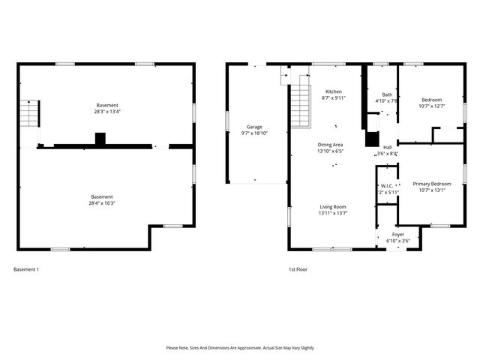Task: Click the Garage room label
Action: (254, 127)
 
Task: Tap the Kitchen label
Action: (332, 91)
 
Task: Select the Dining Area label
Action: (331, 144)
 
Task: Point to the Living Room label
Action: (332, 206)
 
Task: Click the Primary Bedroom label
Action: (431, 183)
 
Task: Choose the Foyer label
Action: (397, 235)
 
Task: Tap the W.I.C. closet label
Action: (387, 186)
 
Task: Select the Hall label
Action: (387, 148)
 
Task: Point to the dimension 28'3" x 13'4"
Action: (106, 112)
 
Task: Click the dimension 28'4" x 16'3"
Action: (102, 202)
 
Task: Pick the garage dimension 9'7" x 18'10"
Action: (254, 133)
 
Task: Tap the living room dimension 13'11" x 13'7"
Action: (332, 212)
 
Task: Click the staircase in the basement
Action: (28, 115)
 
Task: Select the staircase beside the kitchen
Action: (300, 106)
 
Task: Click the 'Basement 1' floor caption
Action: (26, 269)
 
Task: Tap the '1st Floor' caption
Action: (298, 269)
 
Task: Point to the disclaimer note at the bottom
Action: (239, 348)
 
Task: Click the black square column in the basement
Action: (100, 138)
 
